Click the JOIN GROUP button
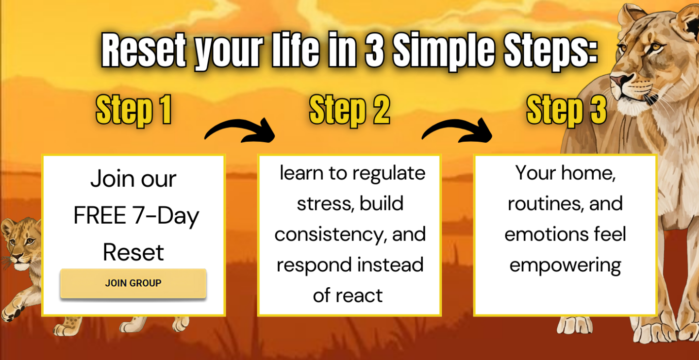tap(133, 283)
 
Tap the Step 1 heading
tap(133, 110)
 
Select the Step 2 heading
tap(349, 110)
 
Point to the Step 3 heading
tap(566, 110)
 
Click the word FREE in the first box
tap(100, 215)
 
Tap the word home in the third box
tap(588, 173)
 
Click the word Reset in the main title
tap(144, 50)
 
